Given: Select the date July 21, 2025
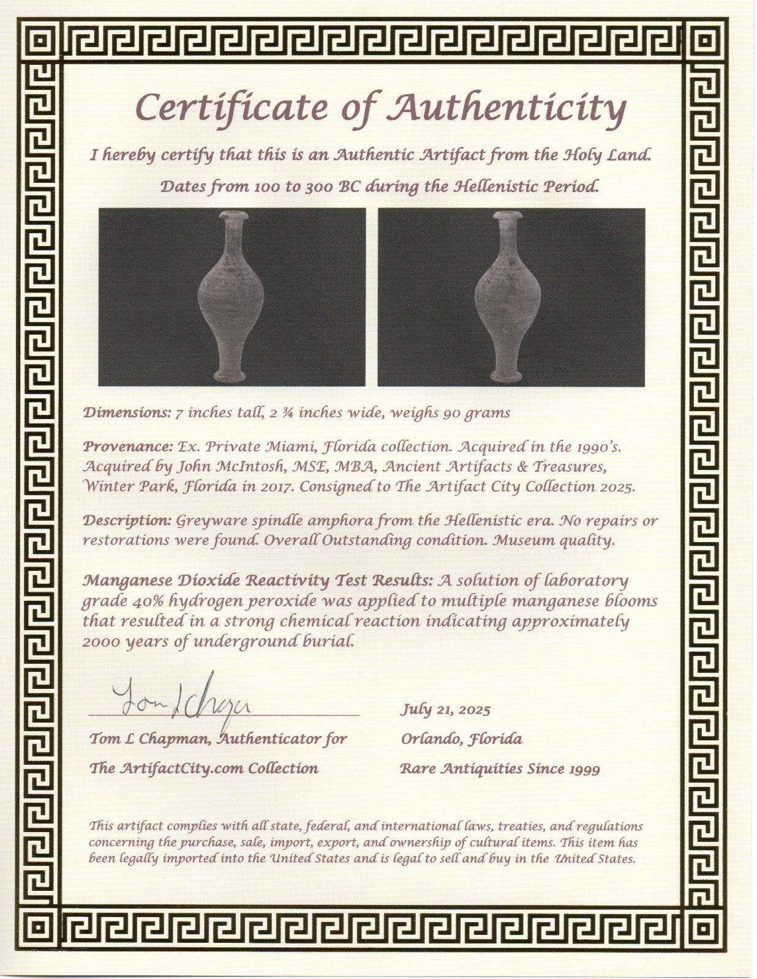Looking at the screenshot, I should point(445,710).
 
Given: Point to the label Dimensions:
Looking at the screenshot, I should point(126,412).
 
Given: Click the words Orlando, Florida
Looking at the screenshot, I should point(461,739).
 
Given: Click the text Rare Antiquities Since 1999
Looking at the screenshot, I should point(500,769).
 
